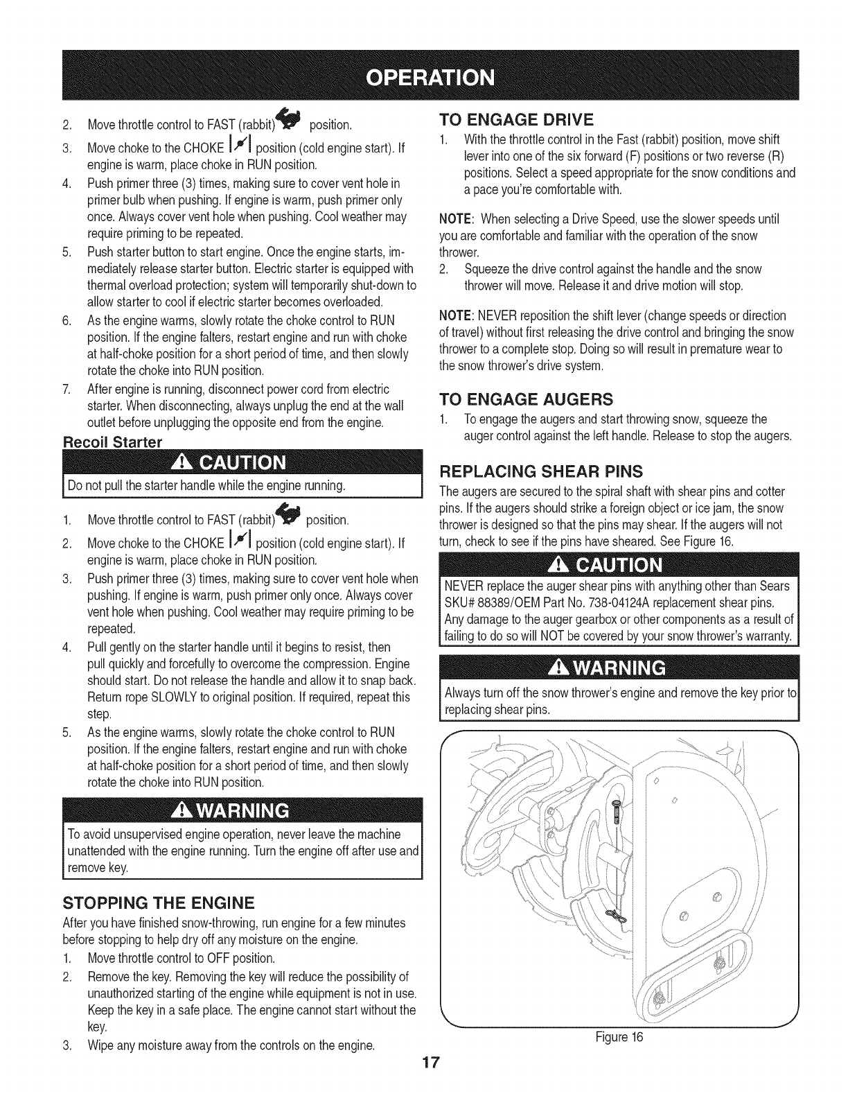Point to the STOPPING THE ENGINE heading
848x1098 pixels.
coord(159,903)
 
